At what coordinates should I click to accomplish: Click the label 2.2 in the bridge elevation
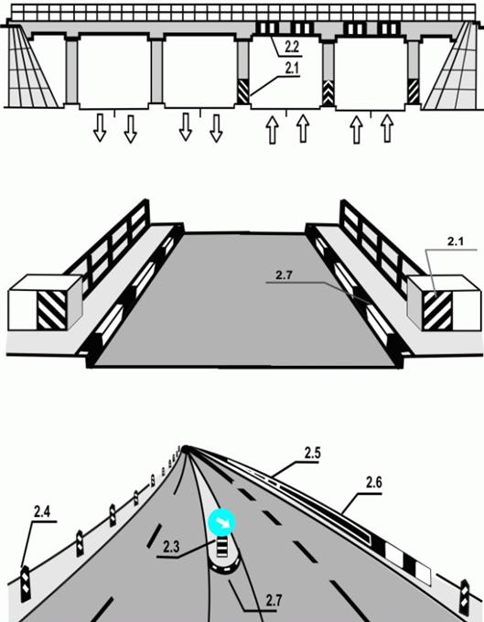tap(292, 48)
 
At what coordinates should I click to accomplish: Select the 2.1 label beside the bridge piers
tap(292, 69)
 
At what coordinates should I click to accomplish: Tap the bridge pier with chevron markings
tap(328, 74)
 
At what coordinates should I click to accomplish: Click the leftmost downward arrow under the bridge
tap(100, 128)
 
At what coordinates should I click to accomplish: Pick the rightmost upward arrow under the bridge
tap(387, 128)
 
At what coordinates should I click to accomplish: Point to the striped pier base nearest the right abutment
tap(414, 91)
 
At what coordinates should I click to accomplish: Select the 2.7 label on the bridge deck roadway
tap(284, 275)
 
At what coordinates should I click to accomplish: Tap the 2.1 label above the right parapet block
tap(456, 241)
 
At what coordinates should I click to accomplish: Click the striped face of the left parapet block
tap(51, 311)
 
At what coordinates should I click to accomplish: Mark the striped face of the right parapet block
tap(437, 311)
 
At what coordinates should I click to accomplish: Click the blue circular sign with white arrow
tap(221, 522)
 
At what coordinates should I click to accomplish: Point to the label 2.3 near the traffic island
tap(171, 547)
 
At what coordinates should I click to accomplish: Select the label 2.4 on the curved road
tap(42, 511)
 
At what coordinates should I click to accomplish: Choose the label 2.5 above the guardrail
tap(312, 453)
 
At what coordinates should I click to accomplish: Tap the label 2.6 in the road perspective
tap(373, 483)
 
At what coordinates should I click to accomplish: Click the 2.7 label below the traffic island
tap(274, 600)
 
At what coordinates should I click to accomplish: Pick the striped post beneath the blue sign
tap(221, 547)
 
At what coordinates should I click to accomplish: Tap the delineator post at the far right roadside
tap(464, 598)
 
